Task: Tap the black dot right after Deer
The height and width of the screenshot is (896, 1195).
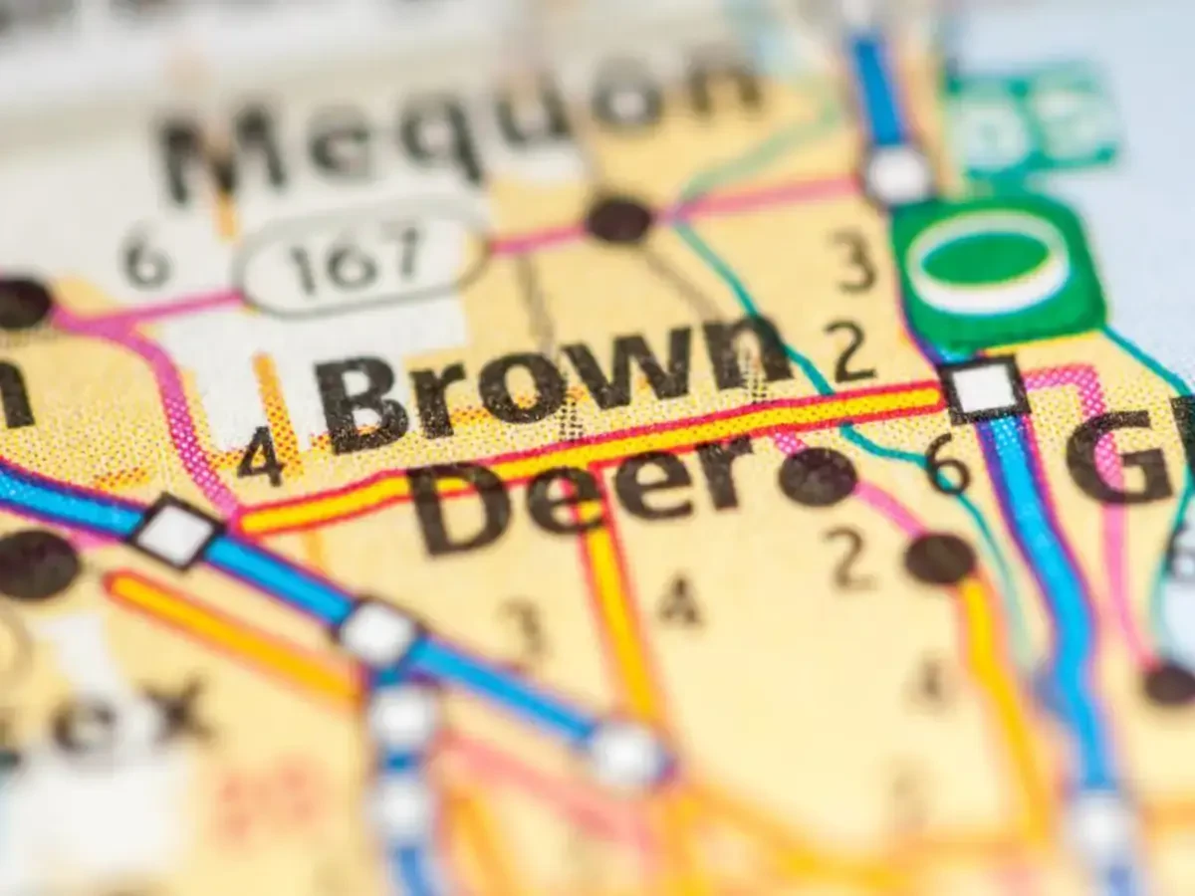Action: click(x=818, y=477)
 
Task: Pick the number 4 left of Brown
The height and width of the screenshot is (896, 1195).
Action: click(x=261, y=455)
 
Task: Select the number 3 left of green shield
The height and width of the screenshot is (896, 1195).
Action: click(x=853, y=260)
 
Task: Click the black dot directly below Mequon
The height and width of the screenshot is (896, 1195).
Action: click(x=619, y=219)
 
